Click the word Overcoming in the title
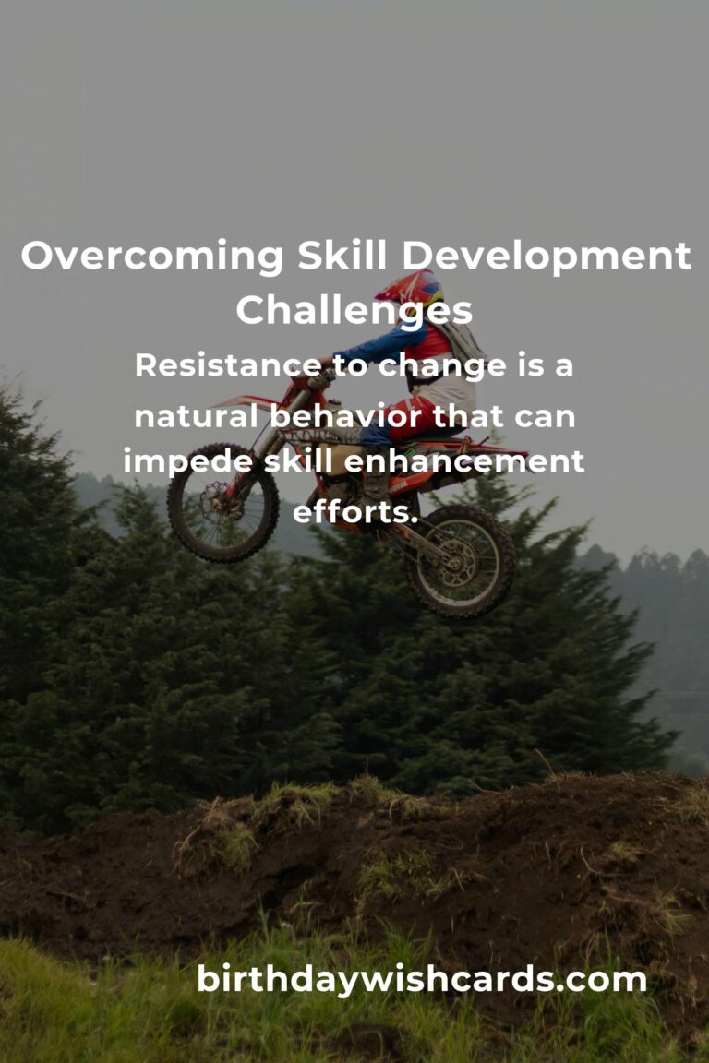click(152, 257)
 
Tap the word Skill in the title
click(342, 256)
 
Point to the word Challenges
click(354, 311)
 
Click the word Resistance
click(229, 365)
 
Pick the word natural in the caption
click(196, 415)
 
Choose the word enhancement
click(464, 461)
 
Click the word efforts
click(354, 512)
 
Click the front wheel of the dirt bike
click(223, 502)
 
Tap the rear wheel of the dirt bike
click(462, 561)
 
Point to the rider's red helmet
click(412, 289)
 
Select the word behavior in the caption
click(347, 415)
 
